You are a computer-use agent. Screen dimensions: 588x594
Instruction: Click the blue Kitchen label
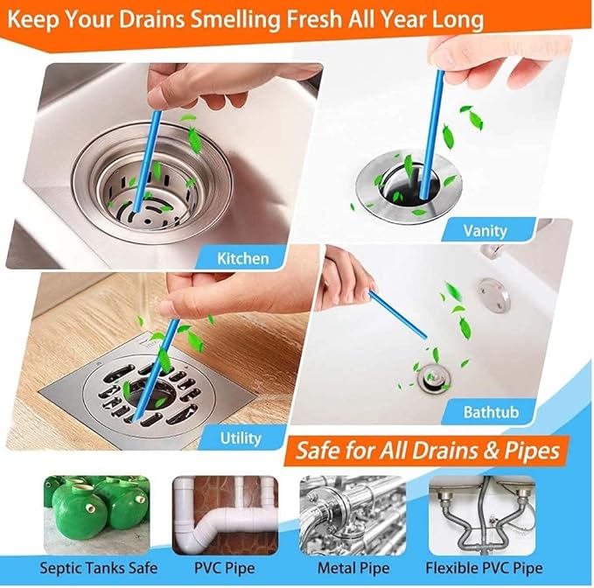[x=242, y=257]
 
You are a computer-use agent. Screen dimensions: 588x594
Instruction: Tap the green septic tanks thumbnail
[x=96, y=505]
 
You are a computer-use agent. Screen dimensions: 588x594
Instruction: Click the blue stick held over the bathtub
[x=397, y=315]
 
